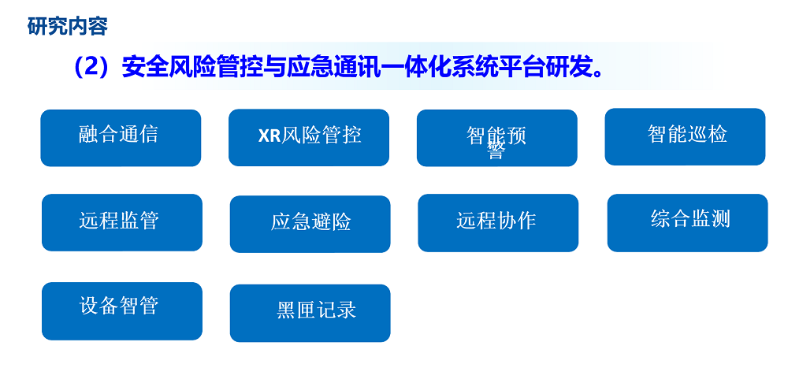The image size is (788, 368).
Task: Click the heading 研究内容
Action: [x=67, y=26]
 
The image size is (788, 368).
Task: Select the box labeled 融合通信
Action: [x=121, y=138]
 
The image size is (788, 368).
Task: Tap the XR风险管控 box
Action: [x=309, y=137]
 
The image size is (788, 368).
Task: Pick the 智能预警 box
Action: [x=497, y=138]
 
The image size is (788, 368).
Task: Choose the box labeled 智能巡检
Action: [x=685, y=137]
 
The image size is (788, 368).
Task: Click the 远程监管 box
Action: [x=122, y=222]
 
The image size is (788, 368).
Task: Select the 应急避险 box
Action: [x=310, y=224]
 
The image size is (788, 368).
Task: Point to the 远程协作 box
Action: [x=498, y=223]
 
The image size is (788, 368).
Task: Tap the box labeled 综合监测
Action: [x=687, y=223]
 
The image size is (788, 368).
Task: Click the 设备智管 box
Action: [x=122, y=311]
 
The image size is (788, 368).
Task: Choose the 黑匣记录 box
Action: [x=310, y=313]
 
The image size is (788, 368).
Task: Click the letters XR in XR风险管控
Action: [x=269, y=136]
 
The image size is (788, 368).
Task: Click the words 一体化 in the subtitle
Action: [x=407, y=67]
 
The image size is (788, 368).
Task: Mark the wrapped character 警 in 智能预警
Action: [x=496, y=152]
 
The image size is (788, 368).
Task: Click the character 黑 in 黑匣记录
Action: [x=286, y=310]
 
